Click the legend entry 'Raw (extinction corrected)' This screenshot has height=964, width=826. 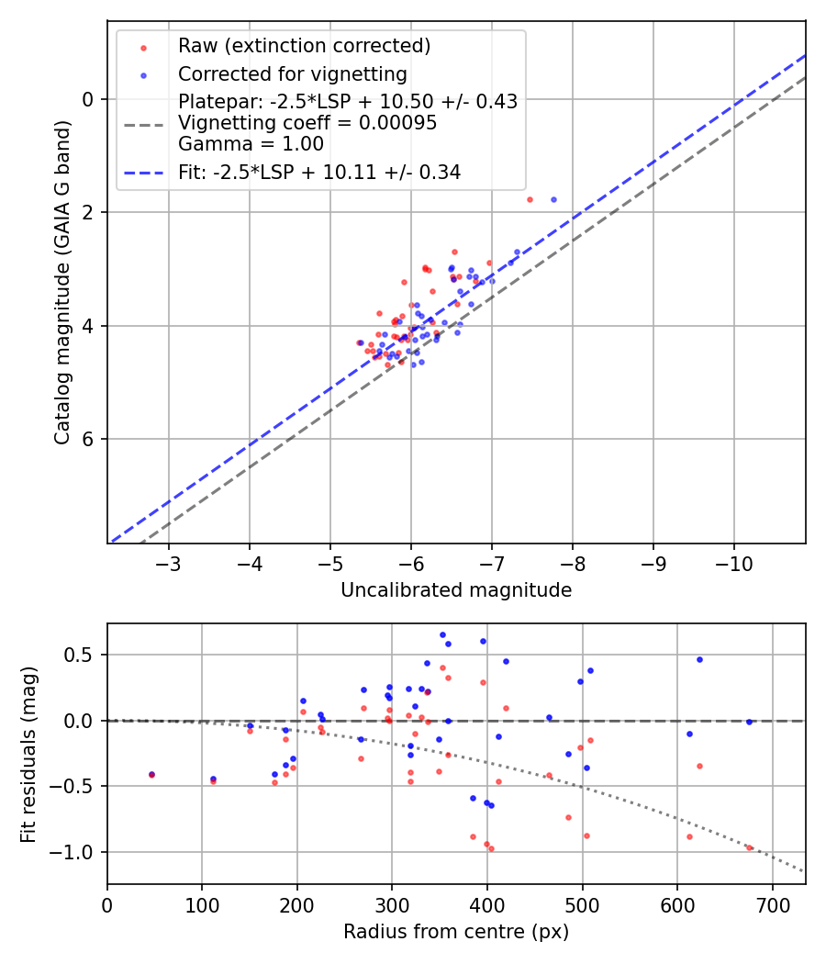click(x=304, y=46)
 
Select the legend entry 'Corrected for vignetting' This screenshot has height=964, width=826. click(x=292, y=73)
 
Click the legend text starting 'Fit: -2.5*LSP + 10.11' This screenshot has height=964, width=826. click(x=319, y=172)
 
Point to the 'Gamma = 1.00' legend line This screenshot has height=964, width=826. click(x=251, y=143)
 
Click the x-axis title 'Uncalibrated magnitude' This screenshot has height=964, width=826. click(x=456, y=590)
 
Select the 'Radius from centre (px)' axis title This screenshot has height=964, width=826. click(x=456, y=932)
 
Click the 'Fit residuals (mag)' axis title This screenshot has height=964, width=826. click(x=28, y=754)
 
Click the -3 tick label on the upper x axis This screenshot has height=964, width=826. click(x=169, y=561)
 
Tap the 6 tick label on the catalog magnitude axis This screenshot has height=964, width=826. click(x=88, y=439)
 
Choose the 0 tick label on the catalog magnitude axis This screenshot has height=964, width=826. click(x=88, y=99)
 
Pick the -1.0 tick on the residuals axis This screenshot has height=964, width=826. click(x=78, y=852)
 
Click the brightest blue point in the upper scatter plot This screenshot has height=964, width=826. click(x=553, y=199)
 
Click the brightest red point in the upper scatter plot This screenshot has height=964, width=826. click(x=530, y=199)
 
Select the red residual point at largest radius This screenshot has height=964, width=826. click(x=749, y=847)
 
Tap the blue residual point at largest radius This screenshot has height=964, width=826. click(x=749, y=722)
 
